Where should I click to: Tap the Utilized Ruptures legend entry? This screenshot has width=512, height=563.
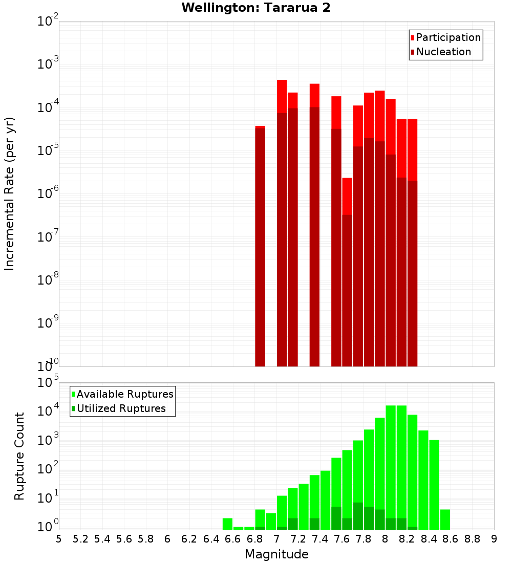click(x=121, y=408)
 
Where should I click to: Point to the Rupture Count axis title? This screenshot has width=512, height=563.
click(x=19, y=456)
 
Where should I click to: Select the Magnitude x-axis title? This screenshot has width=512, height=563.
click(x=276, y=554)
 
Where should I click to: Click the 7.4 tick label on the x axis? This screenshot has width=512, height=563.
click(x=320, y=539)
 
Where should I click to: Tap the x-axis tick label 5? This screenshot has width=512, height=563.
click(x=59, y=539)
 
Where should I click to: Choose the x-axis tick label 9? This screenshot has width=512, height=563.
click(x=494, y=539)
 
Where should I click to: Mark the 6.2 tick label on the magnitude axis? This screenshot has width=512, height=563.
click(x=189, y=539)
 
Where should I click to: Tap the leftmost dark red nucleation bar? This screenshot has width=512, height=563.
click(x=260, y=246)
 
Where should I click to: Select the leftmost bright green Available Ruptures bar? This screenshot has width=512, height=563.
click(x=227, y=524)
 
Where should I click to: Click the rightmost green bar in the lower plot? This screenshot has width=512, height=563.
click(x=445, y=519)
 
